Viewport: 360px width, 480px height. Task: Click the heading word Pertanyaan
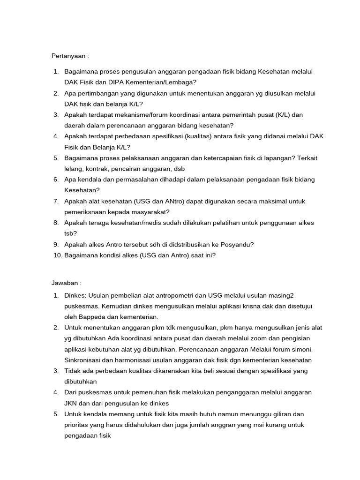(68, 56)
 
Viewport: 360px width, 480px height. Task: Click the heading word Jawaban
(65, 283)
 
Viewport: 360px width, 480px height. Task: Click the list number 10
(56, 255)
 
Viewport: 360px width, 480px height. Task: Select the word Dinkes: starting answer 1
(75, 295)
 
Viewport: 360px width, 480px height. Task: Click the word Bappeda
(89, 317)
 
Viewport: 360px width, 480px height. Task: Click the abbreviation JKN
(72, 403)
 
